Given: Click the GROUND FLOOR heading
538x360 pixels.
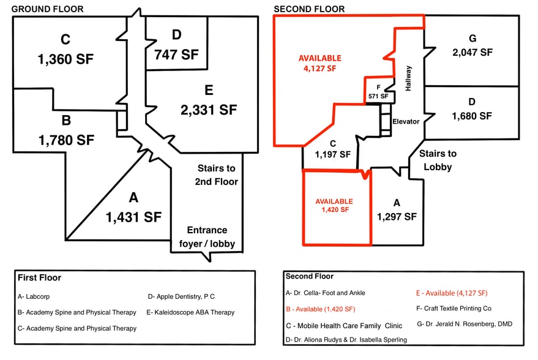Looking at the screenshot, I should pos(48,9).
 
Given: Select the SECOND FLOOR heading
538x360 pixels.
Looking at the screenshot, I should pos(309,9).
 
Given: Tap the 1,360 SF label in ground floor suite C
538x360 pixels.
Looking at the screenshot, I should pos(65,59).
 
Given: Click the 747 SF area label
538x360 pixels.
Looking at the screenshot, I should pos(177,54).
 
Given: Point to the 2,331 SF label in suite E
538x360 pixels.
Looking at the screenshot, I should pos(208,110).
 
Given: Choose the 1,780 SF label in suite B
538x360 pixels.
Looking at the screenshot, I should pos(66,140).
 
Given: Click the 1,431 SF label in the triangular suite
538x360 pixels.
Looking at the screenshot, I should pos(133,216).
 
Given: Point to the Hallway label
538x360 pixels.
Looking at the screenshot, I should pos(408,78).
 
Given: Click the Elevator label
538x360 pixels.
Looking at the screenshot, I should pos(406,121).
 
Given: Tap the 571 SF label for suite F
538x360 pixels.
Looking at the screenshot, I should pos(378,96).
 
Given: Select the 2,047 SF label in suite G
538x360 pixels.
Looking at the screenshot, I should pos(472,52).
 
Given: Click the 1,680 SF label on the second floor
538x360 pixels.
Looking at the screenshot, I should pos(472,115).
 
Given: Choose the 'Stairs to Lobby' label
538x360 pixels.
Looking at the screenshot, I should pos(438,160).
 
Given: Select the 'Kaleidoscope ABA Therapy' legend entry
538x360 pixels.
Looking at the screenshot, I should pos(190,312).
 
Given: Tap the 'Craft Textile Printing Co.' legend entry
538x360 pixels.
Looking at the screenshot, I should pos(454,308).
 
